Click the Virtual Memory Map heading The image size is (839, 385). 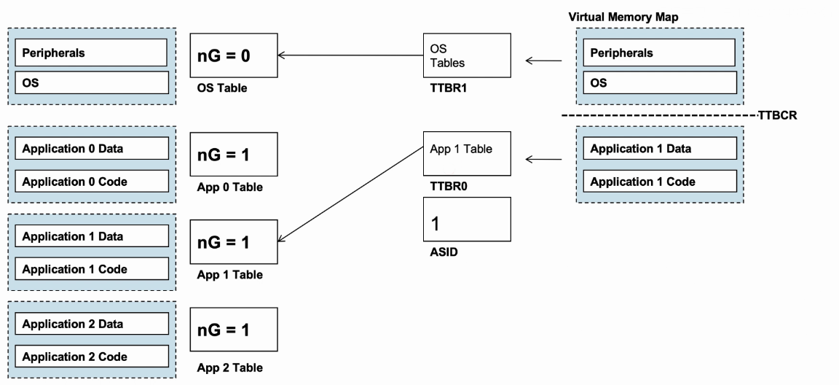[x=623, y=17]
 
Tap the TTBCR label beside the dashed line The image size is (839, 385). [x=778, y=116]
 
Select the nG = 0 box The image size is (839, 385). [x=234, y=55]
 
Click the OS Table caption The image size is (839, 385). [x=222, y=88]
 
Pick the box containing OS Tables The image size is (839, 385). [x=467, y=55]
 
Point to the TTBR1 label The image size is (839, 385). [x=449, y=88]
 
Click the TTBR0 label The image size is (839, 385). [x=449, y=187]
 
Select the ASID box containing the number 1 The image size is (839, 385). [x=467, y=219]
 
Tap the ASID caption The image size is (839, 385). [x=444, y=252]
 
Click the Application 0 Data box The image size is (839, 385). [x=92, y=148]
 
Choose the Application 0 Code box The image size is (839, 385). [x=92, y=182]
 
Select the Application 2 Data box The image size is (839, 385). [x=92, y=324]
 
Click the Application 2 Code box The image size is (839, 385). [x=92, y=357]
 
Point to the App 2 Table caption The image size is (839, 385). [x=229, y=368]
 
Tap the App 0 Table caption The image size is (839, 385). [x=229, y=187]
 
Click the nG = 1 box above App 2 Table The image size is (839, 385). [x=234, y=330]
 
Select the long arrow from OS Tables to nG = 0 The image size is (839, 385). [x=350, y=55]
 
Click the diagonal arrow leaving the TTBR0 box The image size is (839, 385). [x=350, y=194]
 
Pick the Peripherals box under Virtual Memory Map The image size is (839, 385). [x=658, y=52]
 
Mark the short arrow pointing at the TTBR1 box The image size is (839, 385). [x=543, y=61]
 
